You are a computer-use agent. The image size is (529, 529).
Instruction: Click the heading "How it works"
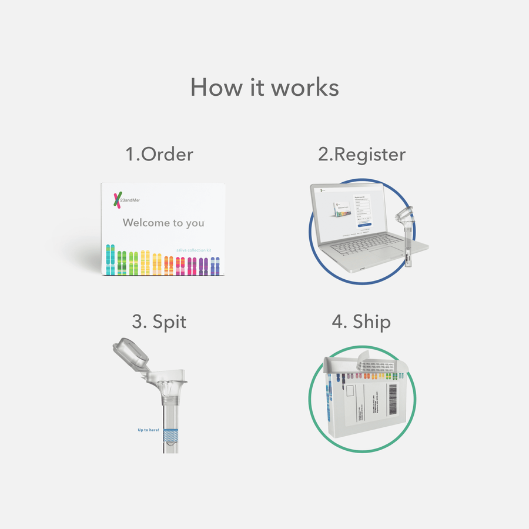[x=264, y=88]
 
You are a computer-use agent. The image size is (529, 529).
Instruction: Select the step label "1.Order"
[x=159, y=154]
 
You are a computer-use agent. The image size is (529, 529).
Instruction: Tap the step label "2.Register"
[x=361, y=154]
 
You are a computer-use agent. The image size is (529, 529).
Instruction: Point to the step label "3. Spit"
[x=159, y=322]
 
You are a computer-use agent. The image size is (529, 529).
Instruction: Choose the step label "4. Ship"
[x=361, y=322]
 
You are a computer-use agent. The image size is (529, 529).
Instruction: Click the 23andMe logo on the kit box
[x=126, y=200]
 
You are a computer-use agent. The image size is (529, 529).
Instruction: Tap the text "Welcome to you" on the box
[x=163, y=223]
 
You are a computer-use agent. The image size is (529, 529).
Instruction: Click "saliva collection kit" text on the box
[x=193, y=250]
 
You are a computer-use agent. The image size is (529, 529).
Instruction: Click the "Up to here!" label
[x=148, y=430]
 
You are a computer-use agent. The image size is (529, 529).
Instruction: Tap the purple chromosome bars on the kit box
[x=202, y=266]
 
